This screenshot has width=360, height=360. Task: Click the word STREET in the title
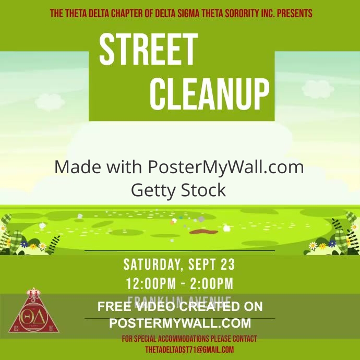[148, 50]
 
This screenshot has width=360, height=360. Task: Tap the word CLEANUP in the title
[209, 94]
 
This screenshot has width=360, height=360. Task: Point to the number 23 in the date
[227, 265]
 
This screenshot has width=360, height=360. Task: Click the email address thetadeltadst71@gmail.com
[189, 350]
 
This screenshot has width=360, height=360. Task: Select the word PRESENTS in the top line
[294, 13]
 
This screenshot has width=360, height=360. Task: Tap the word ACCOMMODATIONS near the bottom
[190, 339]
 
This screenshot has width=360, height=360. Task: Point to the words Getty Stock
[178, 190]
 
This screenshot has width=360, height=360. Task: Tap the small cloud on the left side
[48, 100]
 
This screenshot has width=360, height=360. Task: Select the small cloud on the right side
[317, 88]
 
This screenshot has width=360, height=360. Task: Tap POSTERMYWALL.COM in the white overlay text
[180, 323]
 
